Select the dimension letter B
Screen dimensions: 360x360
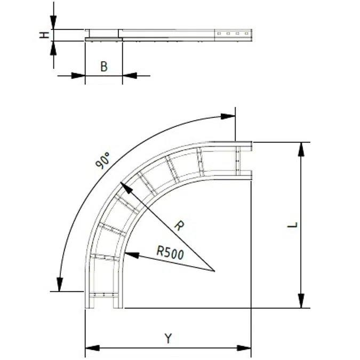[104, 67]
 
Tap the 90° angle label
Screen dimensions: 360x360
[103, 160]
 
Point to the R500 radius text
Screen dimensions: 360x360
[170, 252]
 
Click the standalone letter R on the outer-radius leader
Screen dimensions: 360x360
[179, 226]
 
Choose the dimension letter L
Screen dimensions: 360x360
[291, 225]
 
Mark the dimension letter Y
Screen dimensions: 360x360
[168, 338]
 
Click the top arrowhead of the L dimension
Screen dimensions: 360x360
[301, 149]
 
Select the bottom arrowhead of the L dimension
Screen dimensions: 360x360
[301, 301]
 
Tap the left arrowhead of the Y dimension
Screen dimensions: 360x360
[92, 348]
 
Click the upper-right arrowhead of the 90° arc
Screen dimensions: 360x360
[228, 115]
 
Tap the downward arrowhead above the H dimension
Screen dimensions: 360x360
[53, 23]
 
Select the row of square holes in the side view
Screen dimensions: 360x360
[233, 34]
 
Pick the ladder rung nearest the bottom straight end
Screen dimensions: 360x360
[103, 294]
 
